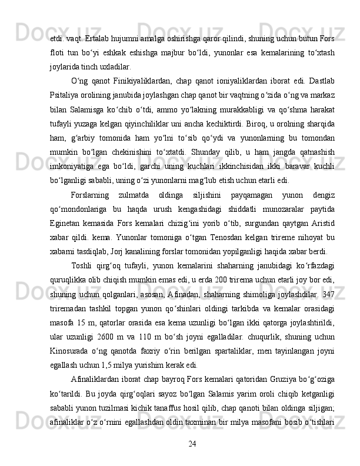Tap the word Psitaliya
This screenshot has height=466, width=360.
click(x=63, y=96)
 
